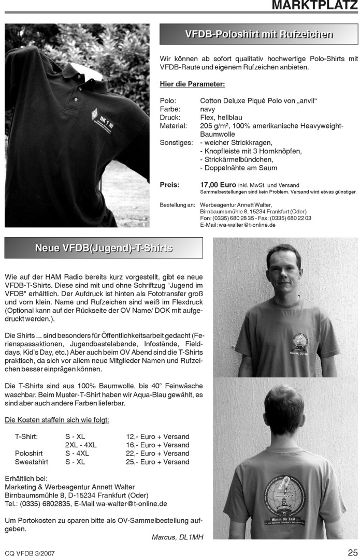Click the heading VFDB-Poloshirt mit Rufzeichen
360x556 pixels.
coord(258,35)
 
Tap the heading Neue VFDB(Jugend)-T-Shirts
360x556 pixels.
coord(104,248)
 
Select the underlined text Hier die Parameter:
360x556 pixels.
coord(192,83)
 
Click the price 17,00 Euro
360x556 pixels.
coord(218,185)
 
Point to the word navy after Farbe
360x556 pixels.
coord(208,110)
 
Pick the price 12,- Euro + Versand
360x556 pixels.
coord(157,436)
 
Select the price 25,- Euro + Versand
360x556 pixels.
coord(157,462)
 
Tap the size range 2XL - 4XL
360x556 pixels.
coord(81,445)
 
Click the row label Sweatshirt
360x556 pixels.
coord(32,462)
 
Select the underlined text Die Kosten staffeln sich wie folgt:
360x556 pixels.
coord(56,420)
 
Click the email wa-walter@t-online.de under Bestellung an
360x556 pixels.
coord(247,225)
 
